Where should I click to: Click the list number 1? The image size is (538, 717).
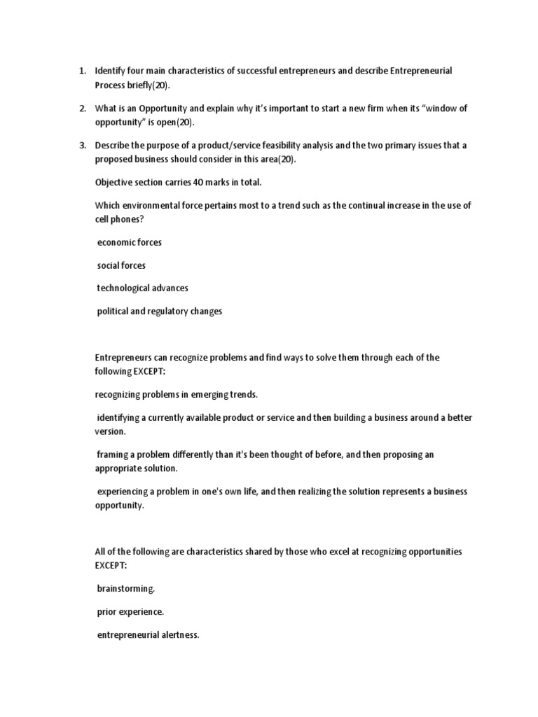(x=81, y=71)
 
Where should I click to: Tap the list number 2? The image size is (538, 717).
(x=81, y=109)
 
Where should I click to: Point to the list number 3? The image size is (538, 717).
(x=81, y=145)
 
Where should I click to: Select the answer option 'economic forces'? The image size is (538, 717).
(x=130, y=242)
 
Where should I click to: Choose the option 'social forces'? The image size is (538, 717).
(x=122, y=265)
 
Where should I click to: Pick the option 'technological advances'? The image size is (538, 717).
(x=143, y=288)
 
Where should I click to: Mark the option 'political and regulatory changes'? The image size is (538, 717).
(x=160, y=311)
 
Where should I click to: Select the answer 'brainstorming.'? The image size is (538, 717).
(x=126, y=589)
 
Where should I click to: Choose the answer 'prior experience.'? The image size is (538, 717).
(x=131, y=612)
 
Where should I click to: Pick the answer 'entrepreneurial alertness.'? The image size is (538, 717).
(x=149, y=635)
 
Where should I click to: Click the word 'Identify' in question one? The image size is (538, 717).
(x=111, y=71)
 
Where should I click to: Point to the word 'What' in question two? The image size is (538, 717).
(x=106, y=109)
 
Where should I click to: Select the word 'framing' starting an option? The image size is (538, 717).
(x=113, y=454)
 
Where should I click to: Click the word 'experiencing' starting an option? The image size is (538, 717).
(x=123, y=492)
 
